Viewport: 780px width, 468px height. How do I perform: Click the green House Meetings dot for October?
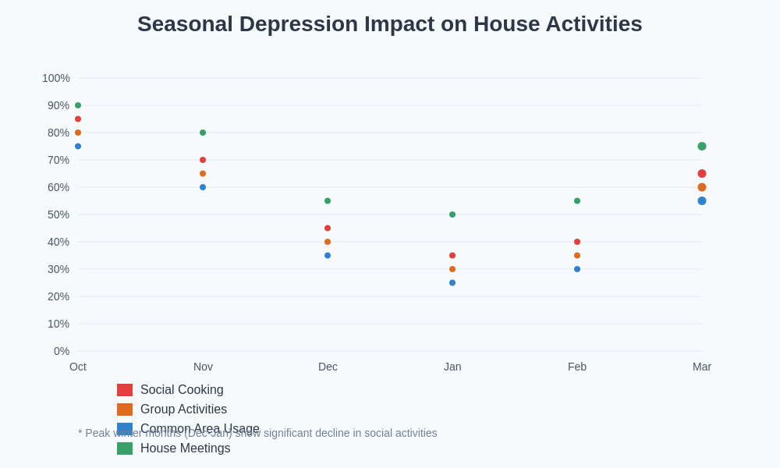coord(78,105)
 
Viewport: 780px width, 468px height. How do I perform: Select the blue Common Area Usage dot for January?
coord(452,283)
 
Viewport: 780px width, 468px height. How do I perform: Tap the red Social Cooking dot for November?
coord(203,160)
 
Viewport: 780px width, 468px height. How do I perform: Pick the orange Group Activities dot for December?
coord(328,242)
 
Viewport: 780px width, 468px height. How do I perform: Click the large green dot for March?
coord(702,147)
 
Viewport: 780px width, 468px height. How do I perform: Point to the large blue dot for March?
coord(702,201)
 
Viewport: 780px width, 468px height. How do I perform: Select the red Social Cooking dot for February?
coord(577,242)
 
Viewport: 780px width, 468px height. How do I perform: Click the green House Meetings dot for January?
coord(452,214)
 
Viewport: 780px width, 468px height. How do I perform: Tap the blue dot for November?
coord(203,187)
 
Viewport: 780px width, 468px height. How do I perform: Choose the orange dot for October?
coord(78,133)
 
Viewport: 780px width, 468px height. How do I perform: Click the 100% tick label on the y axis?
coord(56,78)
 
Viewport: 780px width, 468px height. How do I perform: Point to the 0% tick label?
coord(62,351)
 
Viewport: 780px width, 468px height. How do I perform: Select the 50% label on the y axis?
coord(58,214)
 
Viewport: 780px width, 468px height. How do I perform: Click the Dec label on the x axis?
coord(328,367)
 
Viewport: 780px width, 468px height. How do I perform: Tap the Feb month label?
coord(577,367)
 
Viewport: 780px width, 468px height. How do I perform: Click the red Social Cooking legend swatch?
coord(125,390)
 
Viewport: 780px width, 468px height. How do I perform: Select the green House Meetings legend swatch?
coord(125,448)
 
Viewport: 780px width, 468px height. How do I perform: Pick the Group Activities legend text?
coord(183,409)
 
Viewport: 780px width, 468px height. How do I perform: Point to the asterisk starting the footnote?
coord(80,432)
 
